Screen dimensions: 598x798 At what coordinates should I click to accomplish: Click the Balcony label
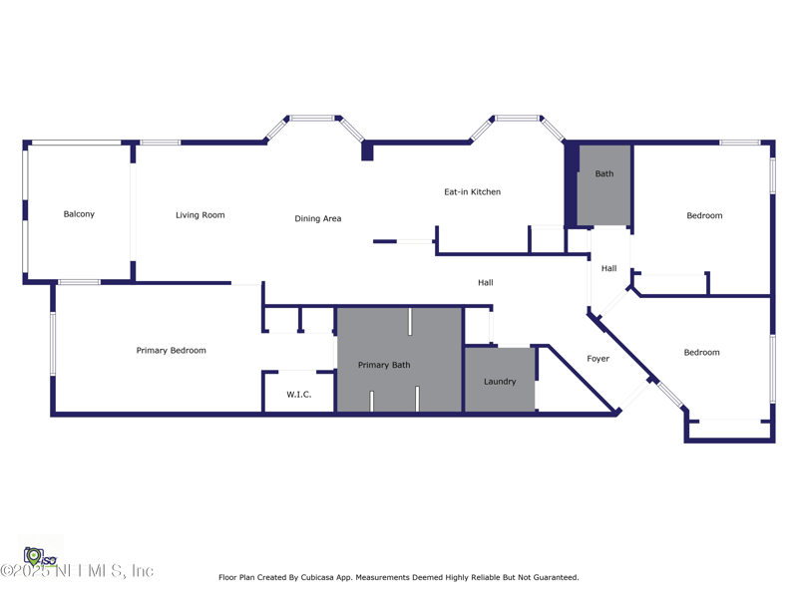(x=79, y=214)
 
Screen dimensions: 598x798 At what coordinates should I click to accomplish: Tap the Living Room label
(x=199, y=215)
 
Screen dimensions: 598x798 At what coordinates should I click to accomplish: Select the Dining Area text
(x=318, y=218)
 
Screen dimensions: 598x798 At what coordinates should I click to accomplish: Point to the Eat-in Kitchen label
(x=472, y=191)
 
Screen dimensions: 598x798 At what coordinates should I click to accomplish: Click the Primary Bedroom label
(x=172, y=350)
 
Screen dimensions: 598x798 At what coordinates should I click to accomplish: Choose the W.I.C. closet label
(x=299, y=395)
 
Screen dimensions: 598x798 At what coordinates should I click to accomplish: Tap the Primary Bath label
(x=384, y=365)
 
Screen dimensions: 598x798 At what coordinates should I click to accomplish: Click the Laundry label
(x=500, y=382)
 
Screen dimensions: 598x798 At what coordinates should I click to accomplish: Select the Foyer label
(x=598, y=359)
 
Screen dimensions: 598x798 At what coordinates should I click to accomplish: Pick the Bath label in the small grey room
(x=604, y=173)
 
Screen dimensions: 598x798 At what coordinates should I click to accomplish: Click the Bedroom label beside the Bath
(x=704, y=215)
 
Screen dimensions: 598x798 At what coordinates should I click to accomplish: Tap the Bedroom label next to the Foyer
(x=701, y=352)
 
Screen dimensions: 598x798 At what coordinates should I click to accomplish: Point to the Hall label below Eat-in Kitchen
(x=485, y=282)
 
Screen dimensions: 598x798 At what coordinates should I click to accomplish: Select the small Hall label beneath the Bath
(x=608, y=268)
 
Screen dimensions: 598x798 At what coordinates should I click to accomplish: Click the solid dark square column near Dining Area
(x=367, y=152)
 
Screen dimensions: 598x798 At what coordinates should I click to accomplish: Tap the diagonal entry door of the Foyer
(x=633, y=394)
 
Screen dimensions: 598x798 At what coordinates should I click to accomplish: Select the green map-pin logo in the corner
(x=34, y=554)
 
